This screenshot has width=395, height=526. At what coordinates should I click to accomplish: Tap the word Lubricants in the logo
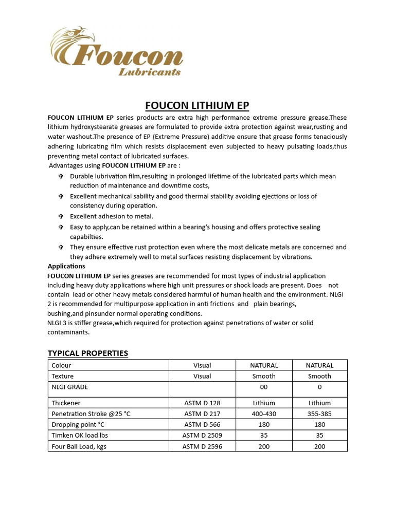[x=150, y=72]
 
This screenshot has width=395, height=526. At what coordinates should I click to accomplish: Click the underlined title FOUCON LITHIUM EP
[x=197, y=106]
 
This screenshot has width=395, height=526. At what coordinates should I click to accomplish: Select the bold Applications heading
[x=66, y=266]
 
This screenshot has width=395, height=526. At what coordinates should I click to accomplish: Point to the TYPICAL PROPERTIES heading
[x=87, y=353]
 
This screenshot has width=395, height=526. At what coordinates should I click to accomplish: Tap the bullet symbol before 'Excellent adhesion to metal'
[x=60, y=216]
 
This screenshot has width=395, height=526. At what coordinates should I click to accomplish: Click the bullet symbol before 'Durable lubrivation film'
[x=60, y=176]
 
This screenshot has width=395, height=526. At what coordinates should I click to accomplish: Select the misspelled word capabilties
[x=86, y=237]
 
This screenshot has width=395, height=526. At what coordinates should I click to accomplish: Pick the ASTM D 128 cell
[x=202, y=403]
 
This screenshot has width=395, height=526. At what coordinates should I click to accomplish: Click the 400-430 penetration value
[x=264, y=414]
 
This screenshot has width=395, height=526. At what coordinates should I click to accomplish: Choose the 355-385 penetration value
[x=319, y=414]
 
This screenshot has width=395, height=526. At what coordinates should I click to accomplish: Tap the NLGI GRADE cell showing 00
[x=264, y=387]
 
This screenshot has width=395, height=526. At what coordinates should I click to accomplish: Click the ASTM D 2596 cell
[x=202, y=446]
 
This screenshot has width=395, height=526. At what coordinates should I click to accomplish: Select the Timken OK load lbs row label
[x=80, y=435]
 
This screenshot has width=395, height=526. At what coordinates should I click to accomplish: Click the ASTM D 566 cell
[x=202, y=424]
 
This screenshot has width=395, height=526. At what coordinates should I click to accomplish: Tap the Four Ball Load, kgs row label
[x=79, y=446]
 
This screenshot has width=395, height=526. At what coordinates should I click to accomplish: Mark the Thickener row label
[x=66, y=403]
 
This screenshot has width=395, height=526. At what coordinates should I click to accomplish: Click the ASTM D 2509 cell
[x=202, y=435]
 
